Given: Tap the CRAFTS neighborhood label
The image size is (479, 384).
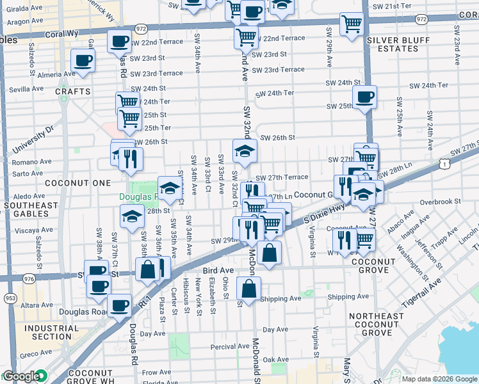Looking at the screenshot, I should [x=69, y=92].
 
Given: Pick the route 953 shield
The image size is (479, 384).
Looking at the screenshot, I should [x=10, y=298].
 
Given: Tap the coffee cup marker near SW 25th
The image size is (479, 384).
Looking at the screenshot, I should [x=364, y=97].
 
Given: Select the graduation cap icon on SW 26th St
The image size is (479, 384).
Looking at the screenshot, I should [x=245, y=152].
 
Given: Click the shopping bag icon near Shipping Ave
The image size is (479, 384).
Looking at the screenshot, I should [x=248, y=289].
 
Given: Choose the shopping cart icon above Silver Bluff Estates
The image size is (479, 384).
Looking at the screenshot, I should [x=352, y=24].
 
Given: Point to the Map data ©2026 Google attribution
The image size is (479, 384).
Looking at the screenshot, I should [x=439, y=379].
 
